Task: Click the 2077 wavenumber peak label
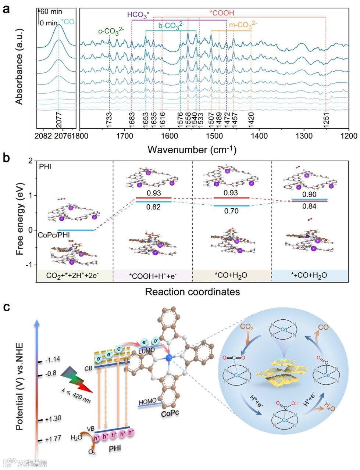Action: coord(59,120)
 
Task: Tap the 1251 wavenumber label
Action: coord(326,120)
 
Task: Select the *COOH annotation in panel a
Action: coord(222,13)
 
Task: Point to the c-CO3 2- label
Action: coord(111,31)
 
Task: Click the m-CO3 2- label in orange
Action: coord(243,25)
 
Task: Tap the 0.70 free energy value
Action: coord(231,211)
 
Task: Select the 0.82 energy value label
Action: coord(153,207)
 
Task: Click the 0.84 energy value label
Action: coord(309,206)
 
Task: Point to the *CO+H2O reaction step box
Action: coord(231,276)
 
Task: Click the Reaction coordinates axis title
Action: coord(192,292)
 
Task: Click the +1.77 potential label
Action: coord(53,439)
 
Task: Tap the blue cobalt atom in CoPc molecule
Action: coord(169,358)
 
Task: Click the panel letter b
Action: coord(6,158)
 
